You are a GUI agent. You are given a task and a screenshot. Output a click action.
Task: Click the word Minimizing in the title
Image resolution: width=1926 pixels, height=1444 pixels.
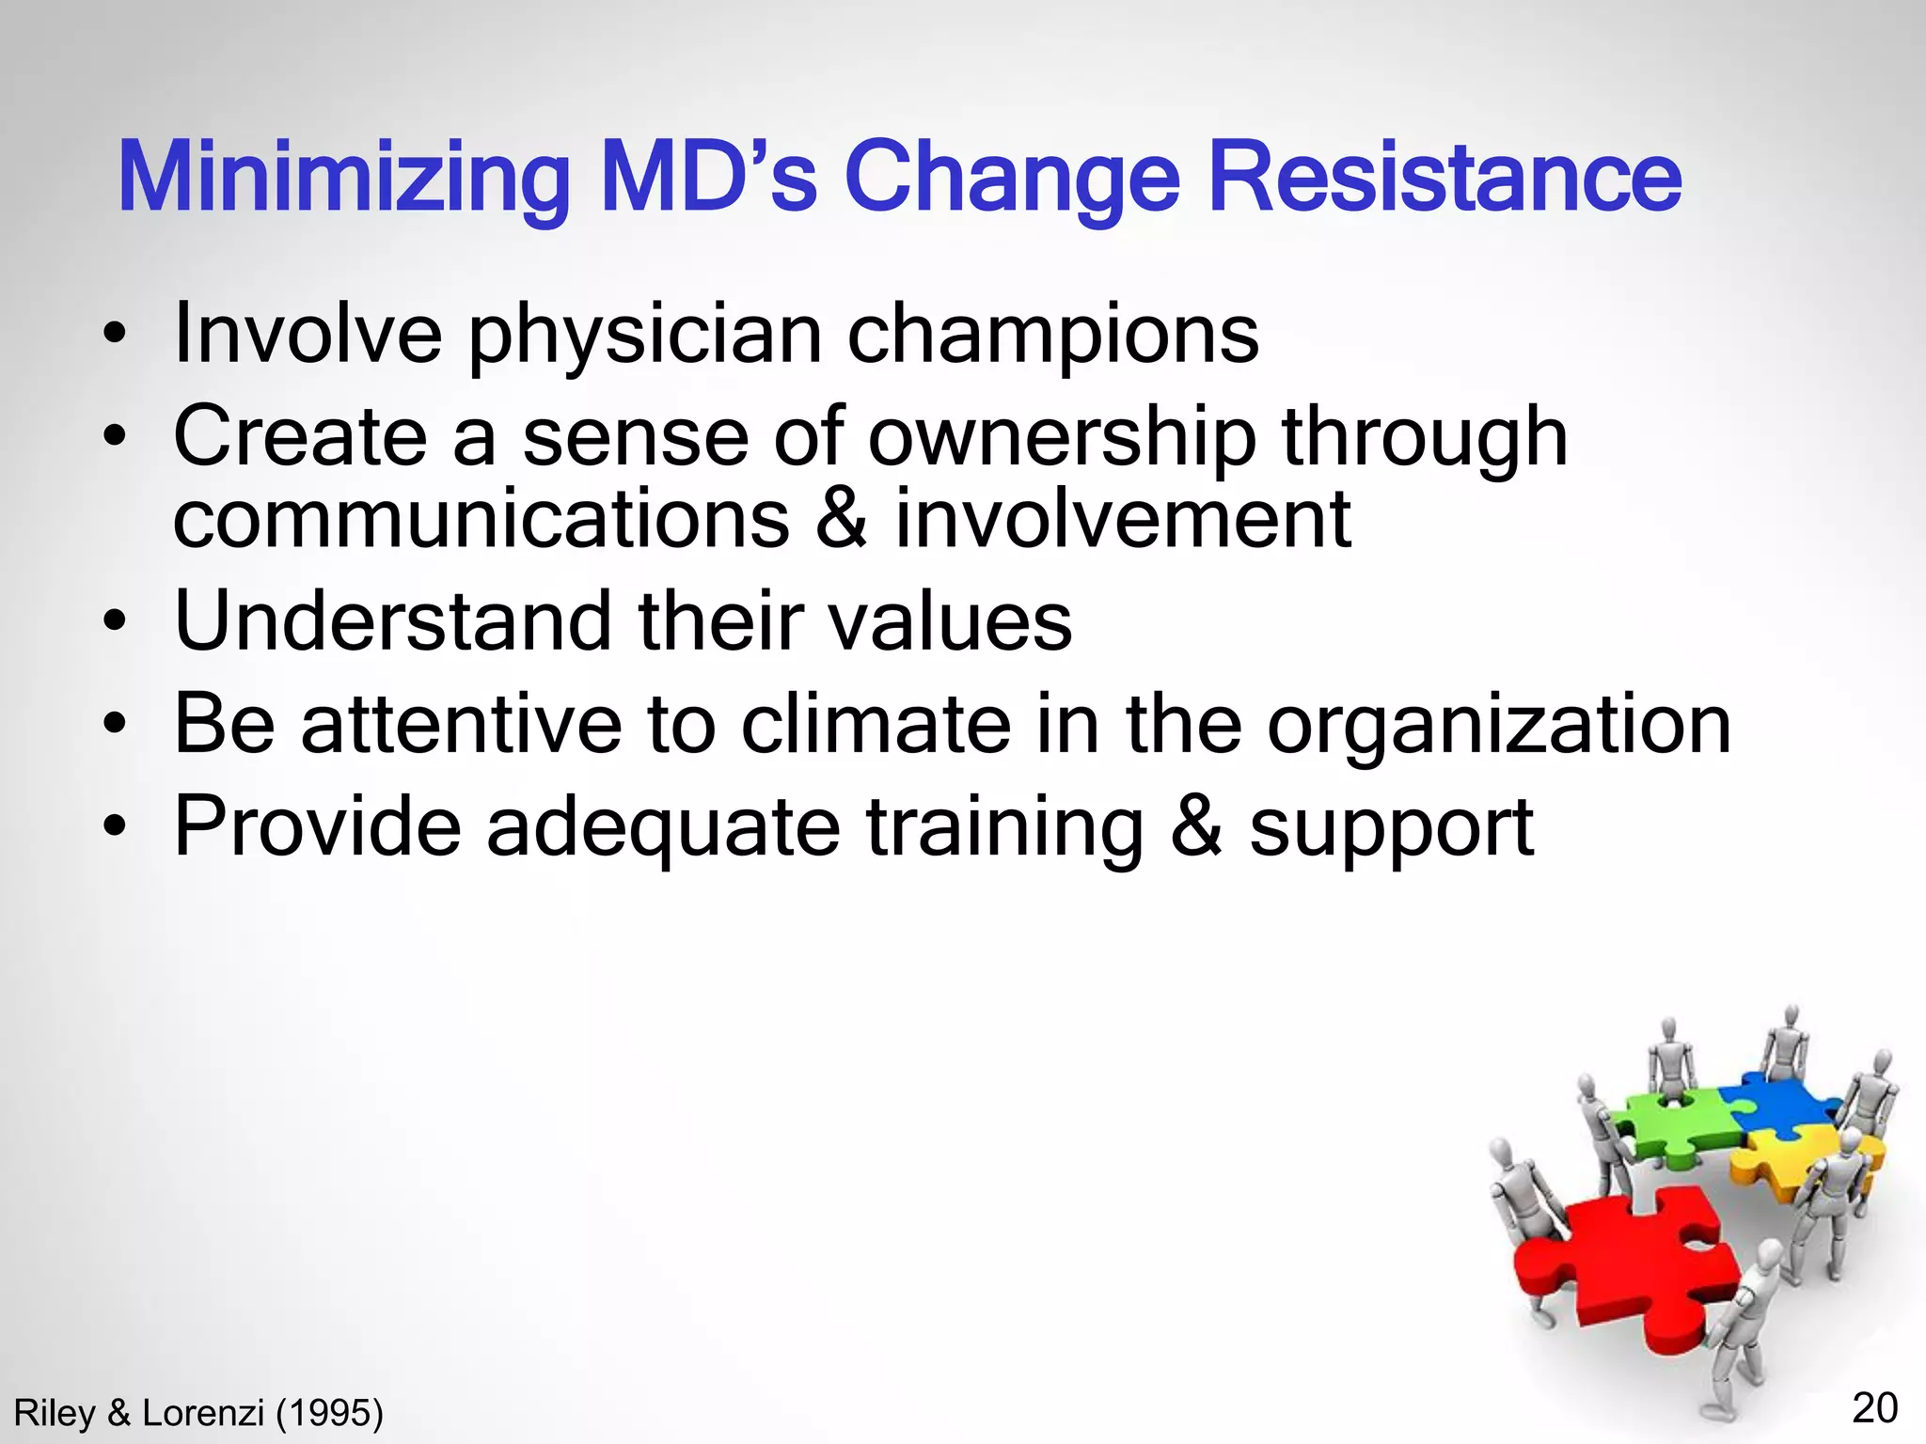[344, 179]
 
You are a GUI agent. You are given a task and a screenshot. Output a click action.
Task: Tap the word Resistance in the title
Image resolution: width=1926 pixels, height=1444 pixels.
[1444, 179]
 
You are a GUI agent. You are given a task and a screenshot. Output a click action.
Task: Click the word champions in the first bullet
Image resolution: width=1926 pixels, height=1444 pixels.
[1052, 336]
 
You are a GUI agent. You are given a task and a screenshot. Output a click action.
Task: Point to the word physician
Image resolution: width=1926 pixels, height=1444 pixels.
[645, 336]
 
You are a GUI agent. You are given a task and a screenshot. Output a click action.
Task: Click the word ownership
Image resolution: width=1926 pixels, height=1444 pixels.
[1062, 438]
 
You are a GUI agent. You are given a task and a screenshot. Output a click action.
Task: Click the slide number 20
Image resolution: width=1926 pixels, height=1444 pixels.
[1874, 1408]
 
